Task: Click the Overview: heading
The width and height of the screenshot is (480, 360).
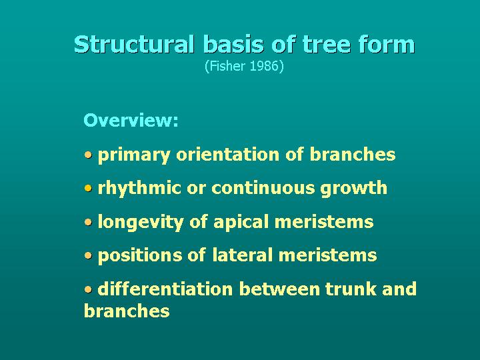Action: [x=131, y=121]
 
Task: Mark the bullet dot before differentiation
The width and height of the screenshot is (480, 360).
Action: [x=89, y=289]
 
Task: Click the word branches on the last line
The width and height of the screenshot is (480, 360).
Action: [x=127, y=311]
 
